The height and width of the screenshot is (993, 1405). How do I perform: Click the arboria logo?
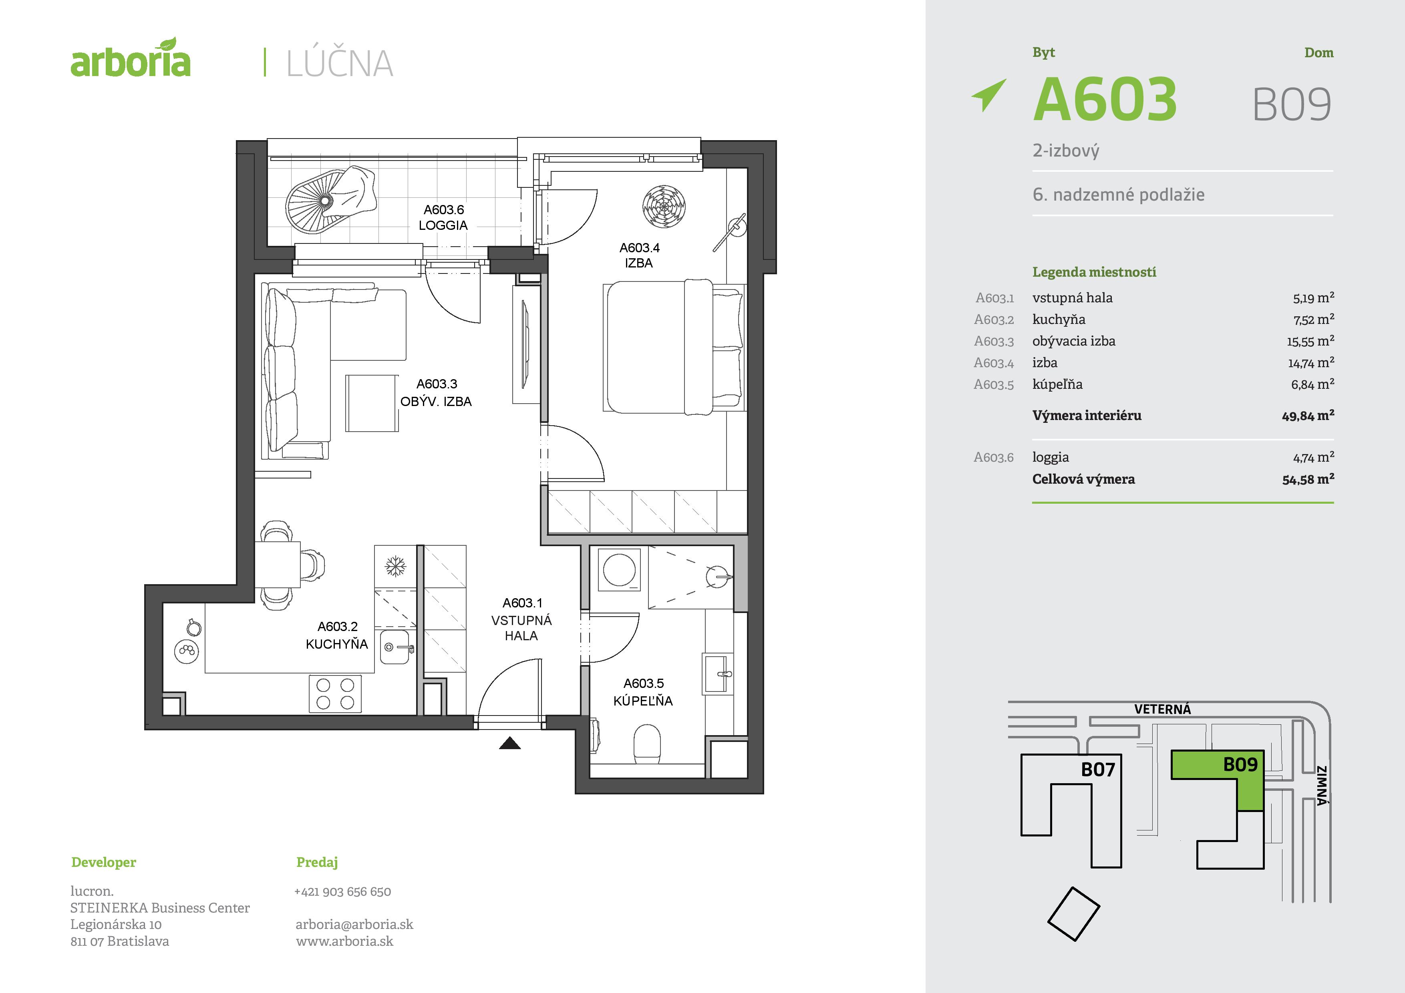point(130,59)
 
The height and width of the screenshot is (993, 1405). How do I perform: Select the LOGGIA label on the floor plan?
point(443,225)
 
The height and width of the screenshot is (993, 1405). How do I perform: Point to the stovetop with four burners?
point(335,694)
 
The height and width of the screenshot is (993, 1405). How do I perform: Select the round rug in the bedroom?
point(664,207)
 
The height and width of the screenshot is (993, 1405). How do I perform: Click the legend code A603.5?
point(994,385)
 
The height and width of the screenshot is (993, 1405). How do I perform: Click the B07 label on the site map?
point(1098,769)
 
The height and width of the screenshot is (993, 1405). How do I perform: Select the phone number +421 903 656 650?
point(343,891)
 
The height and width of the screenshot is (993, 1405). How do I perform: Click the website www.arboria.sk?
point(344,941)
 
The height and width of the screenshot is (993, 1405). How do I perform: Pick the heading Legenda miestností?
point(1094,272)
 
